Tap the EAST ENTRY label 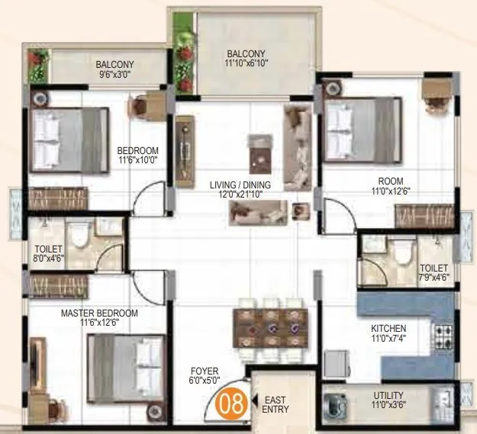click(x=275, y=405)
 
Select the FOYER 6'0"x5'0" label click(x=205, y=376)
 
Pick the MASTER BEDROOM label click(x=99, y=318)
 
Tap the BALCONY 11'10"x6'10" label click(x=248, y=58)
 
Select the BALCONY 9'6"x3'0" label click(x=114, y=70)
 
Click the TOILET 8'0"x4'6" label click(x=48, y=255)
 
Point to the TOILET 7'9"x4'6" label click(x=433, y=272)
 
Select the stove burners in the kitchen click(x=443, y=333)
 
